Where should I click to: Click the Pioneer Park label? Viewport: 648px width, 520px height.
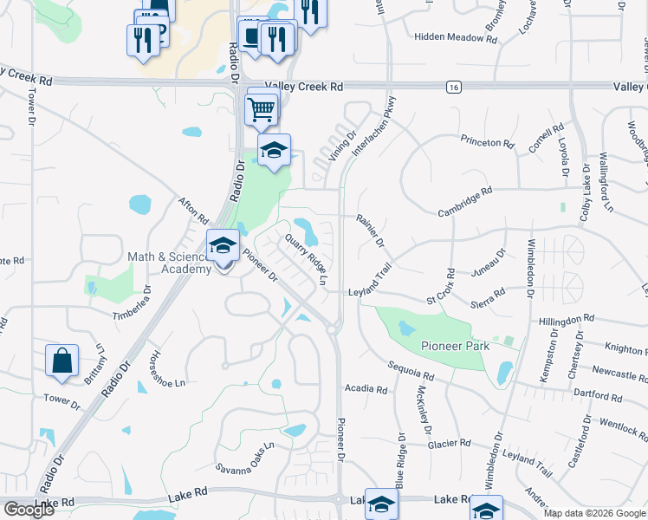click(455, 346)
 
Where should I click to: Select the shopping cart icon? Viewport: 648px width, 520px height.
click(262, 109)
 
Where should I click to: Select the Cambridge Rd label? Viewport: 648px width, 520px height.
click(464, 201)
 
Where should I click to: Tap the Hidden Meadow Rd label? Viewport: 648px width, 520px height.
click(447, 37)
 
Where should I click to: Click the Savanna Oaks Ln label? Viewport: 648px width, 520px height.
click(244, 458)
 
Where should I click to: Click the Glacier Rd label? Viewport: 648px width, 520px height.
click(449, 444)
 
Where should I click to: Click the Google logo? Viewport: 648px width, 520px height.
click(29, 510)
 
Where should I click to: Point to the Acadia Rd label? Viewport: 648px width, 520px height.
click(366, 389)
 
